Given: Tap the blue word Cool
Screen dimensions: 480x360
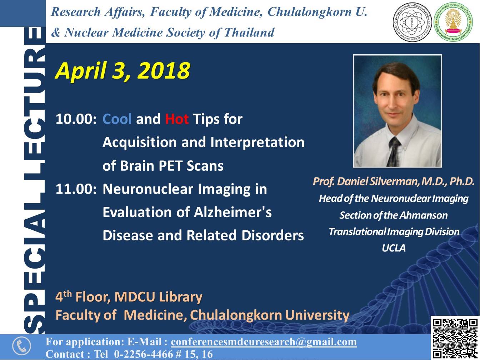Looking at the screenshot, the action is pyautogui.click(x=117, y=119).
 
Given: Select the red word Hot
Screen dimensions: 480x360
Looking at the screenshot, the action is pyautogui.click(x=177, y=119).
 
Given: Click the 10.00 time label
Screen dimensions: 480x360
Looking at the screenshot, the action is pyautogui.click(x=76, y=119).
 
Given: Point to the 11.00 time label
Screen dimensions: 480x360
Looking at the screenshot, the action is pyautogui.click(x=76, y=189).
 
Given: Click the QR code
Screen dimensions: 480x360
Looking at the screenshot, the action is pyautogui.click(x=455, y=338).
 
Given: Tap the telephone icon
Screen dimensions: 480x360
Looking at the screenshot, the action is pyautogui.click(x=22, y=346).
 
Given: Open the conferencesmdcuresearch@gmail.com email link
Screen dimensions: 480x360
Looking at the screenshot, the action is pyautogui.click(x=264, y=342).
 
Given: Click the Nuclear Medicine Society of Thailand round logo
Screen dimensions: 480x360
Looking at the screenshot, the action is pyautogui.click(x=412, y=22).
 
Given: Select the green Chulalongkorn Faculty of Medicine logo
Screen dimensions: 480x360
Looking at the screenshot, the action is pyautogui.click(x=453, y=22).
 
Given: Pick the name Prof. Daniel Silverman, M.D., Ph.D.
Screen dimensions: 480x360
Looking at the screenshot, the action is pyautogui.click(x=394, y=181).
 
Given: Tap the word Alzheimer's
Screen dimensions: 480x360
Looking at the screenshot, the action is pyautogui.click(x=232, y=212).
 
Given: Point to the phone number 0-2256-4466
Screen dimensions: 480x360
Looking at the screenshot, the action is pyautogui.click(x=144, y=354).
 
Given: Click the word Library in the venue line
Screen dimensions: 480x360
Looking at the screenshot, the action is pyautogui.click(x=180, y=297).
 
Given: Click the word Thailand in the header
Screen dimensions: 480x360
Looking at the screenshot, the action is pyautogui.click(x=249, y=32).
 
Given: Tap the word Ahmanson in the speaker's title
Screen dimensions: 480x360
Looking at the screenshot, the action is pyautogui.click(x=424, y=215).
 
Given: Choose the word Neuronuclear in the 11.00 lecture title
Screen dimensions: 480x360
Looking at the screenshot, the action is pyautogui.click(x=148, y=189).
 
